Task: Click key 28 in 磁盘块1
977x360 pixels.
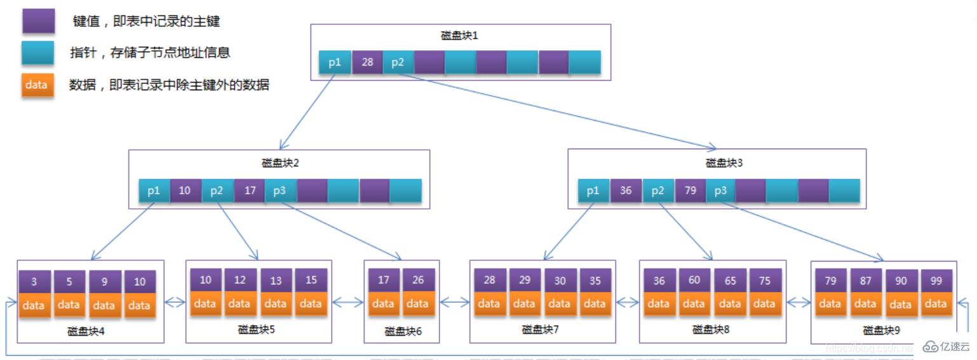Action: click(x=367, y=62)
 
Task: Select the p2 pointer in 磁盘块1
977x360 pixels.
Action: click(x=398, y=62)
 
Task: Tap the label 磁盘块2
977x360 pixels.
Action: click(x=279, y=163)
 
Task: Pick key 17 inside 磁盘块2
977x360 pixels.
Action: click(x=249, y=190)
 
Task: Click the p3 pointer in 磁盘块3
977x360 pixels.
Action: click(x=720, y=190)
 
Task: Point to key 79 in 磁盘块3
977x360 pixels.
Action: click(x=690, y=190)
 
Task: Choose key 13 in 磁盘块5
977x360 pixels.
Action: click(x=275, y=280)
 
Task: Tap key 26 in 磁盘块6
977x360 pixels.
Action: click(x=417, y=280)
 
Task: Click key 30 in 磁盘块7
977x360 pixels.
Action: click(x=559, y=280)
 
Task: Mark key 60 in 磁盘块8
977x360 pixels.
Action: click(x=694, y=280)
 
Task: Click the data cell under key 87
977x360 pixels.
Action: click(x=865, y=303)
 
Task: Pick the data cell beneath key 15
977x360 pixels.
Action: click(x=311, y=303)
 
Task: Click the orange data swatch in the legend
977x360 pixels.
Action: click(x=37, y=84)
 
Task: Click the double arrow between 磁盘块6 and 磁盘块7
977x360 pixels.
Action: click(x=454, y=303)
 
